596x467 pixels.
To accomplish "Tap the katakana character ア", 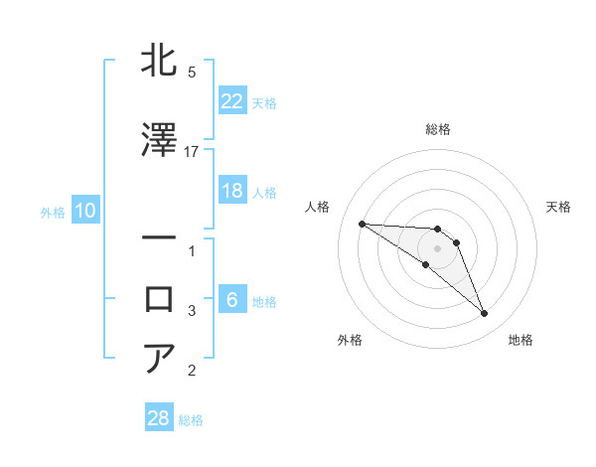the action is pyautogui.click(x=160, y=358).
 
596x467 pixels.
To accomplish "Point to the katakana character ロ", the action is pyautogui.click(x=160, y=298).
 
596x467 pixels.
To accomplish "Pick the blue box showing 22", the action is pyautogui.click(x=231, y=100).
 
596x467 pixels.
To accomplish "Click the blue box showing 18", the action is pyautogui.click(x=231, y=191).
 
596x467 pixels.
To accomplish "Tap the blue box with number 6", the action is pyautogui.click(x=231, y=300).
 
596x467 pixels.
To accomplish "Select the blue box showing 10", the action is pyautogui.click(x=84, y=211).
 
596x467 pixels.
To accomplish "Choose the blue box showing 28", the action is pyautogui.click(x=159, y=418).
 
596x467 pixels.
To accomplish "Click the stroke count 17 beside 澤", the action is pyautogui.click(x=192, y=151).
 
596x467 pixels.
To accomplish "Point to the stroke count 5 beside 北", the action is pyautogui.click(x=192, y=73).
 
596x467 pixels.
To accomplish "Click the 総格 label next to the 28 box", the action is pyautogui.click(x=191, y=420).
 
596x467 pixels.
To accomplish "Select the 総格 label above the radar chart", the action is pyautogui.click(x=438, y=129).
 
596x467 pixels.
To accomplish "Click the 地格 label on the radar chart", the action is pyautogui.click(x=521, y=340).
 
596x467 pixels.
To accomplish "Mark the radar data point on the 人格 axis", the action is pyautogui.click(x=362, y=224).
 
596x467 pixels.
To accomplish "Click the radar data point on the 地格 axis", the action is pyautogui.click(x=484, y=314).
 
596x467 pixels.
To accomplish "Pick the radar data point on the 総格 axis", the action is pyautogui.click(x=438, y=230).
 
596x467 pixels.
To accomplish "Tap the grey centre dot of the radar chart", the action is pyautogui.click(x=438, y=248).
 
